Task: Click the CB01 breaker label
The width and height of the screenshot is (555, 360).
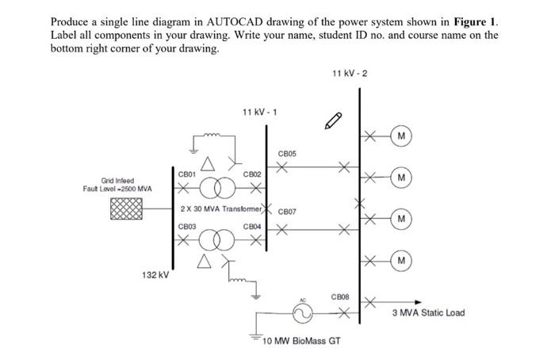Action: coord(187,173)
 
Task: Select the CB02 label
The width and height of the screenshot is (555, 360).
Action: coord(253,173)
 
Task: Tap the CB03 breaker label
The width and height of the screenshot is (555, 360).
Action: coord(187,227)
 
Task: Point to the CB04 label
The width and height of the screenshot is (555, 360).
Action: coord(253,227)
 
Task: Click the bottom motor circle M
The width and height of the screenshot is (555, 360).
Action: coord(403,260)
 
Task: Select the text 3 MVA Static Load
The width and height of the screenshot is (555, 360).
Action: coord(428,312)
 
